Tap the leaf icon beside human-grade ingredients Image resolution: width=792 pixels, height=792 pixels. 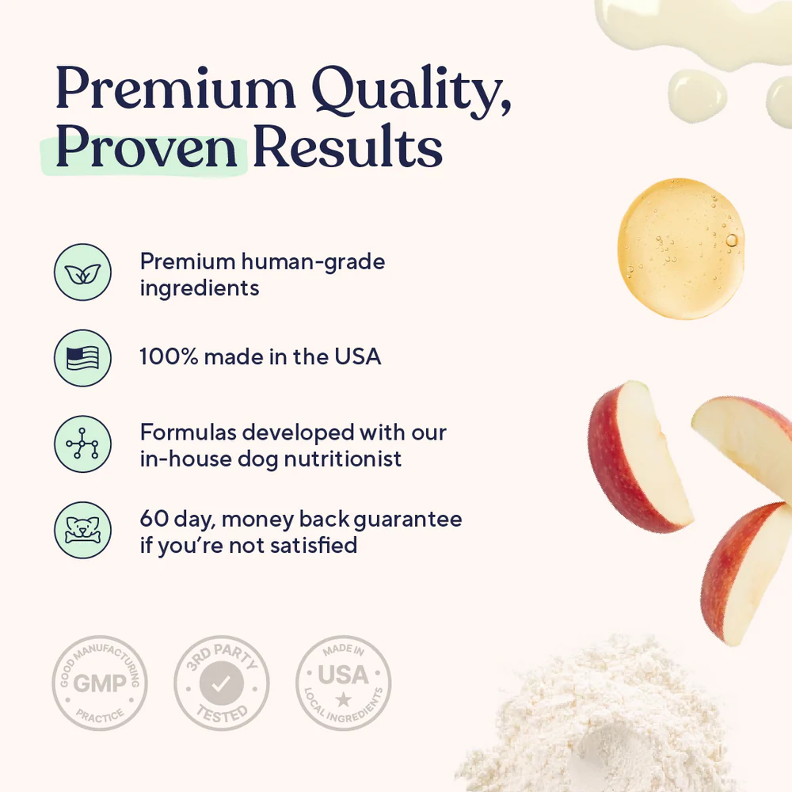coord(82,273)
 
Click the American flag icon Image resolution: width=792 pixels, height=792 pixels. coord(82,357)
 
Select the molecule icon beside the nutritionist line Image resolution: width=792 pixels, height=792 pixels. coord(82,444)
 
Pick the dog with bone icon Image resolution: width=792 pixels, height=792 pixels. coord(82,530)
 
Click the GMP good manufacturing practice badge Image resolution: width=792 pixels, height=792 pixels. coord(99,683)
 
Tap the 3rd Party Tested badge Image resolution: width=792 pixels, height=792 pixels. coord(221,683)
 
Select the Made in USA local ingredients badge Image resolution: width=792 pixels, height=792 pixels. coord(343,683)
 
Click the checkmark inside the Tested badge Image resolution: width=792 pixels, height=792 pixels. coord(221,683)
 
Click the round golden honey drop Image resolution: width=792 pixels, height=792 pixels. coord(680,248)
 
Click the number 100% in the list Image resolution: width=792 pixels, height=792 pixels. coord(169,356)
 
